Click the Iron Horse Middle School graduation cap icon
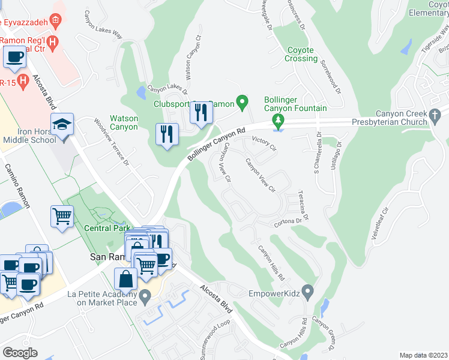62,124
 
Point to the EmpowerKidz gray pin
308,292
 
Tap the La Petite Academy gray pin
145,296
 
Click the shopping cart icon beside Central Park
62,216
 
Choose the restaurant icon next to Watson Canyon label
167,133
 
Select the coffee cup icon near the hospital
15,58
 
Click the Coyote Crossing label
301,55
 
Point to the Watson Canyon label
124,123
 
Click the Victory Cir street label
264,143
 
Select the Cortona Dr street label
288,221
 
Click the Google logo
20,352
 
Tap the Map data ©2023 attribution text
423,355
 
